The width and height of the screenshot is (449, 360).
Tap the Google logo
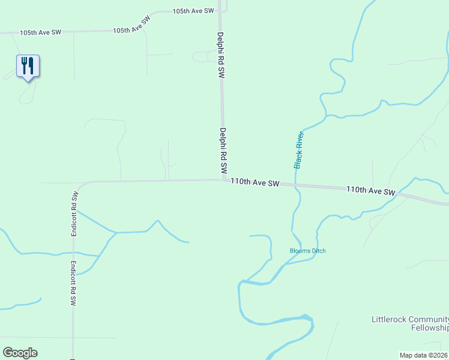tap(20, 353)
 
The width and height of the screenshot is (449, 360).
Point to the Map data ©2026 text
tap(423, 355)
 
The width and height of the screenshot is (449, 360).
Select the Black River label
tap(299, 150)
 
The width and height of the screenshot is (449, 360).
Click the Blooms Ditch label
tap(307, 251)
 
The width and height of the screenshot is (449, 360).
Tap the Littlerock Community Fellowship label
tap(409, 323)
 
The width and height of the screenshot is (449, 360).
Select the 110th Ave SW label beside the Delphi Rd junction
tap(255, 181)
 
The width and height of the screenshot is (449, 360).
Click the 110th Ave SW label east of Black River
tap(370, 190)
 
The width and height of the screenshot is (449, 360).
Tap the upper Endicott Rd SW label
tap(75, 215)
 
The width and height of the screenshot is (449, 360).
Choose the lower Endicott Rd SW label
tap(73, 283)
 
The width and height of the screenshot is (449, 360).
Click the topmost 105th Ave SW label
tap(193, 11)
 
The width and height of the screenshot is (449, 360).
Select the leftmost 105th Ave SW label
tap(40, 32)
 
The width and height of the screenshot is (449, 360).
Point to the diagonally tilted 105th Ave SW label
tap(131, 25)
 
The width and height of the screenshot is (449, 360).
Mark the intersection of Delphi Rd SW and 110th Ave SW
tap(224, 179)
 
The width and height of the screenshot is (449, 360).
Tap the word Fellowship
tap(429, 328)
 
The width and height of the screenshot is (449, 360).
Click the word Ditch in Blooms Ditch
tap(318, 251)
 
